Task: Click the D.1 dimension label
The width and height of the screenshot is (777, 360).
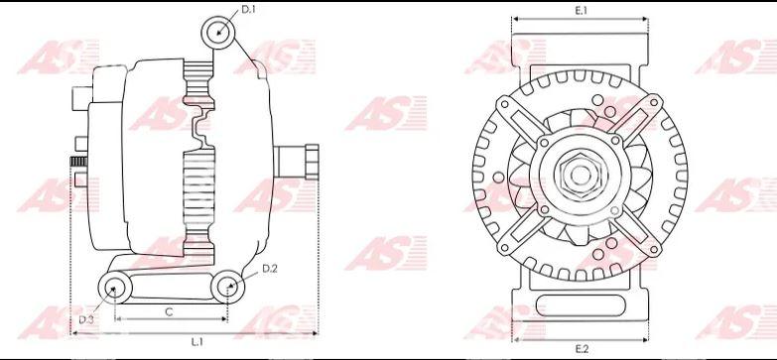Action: [x=248, y=9]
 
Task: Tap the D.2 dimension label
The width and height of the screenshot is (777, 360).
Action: [x=270, y=269]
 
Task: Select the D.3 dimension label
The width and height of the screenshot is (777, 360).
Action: [x=86, y=320]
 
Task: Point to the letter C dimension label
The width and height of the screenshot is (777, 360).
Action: [x=169, y=312]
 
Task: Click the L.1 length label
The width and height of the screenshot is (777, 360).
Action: [x=197, y=342]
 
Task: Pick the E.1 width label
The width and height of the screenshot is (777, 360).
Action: [x=581, y=10]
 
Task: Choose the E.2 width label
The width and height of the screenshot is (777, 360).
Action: [x=582, y=349]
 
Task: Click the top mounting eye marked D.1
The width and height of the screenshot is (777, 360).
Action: [x=218, y=33]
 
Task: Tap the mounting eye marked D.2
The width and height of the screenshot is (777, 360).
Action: [x=227, y=287]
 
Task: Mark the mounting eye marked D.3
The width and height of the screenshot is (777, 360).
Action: [x=115, y=288]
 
